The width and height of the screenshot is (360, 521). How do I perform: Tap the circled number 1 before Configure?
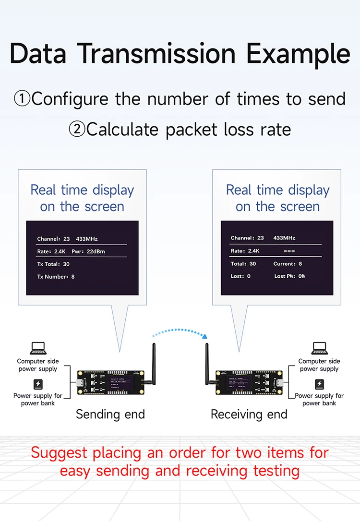tap(22, 99)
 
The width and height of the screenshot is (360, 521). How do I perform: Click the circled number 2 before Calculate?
tap(77, 130)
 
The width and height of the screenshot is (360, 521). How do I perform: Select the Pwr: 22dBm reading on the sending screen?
tap(88, 251)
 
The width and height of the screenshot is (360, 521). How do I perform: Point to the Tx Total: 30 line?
tap(53, 264)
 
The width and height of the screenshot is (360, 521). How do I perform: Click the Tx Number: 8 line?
tap(56, 277)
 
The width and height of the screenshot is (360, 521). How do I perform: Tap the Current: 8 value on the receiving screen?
tap(288, 264)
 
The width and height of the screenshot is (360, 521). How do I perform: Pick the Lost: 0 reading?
tap(240, 276)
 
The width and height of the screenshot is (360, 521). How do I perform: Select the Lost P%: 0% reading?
tap(289, 276)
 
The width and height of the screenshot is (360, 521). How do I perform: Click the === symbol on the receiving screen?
tap(289, 251)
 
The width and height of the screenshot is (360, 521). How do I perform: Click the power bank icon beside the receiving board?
tap(319, 384)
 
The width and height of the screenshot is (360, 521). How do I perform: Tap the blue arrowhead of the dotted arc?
tap(205, 336)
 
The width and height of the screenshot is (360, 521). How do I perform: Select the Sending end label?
tap(110, 414)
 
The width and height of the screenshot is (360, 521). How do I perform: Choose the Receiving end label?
tap(249, 414)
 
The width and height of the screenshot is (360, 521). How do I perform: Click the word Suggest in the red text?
tap(59, 452)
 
